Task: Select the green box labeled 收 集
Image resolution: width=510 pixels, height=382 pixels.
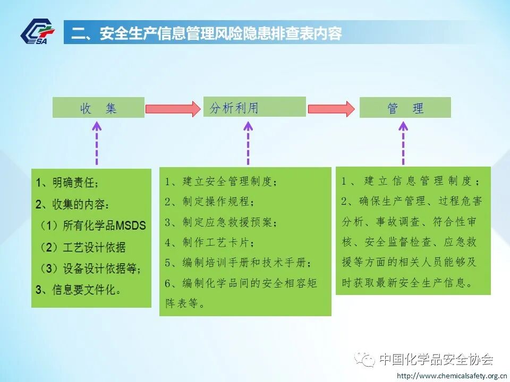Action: (x=98, y=108)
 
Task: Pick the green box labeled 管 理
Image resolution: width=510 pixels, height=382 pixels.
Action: (x=405, y=108)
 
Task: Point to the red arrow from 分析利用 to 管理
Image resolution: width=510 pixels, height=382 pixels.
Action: (x=331, y=108)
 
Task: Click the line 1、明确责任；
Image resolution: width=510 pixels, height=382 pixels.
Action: (x=67, y=183)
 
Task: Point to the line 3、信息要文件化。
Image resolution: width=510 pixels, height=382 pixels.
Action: (x=78, y=290)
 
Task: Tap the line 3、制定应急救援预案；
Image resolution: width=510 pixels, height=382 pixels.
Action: (x=221, y=222)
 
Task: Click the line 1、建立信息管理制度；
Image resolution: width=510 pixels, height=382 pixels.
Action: (x=411, y=181)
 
